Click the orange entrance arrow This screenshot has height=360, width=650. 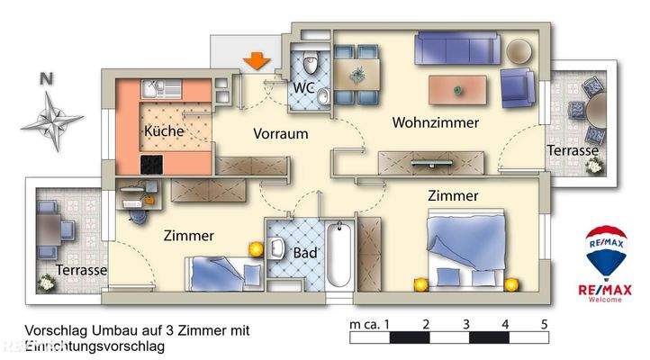(x=257, y=61)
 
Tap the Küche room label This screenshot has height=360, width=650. (x=164, y=131)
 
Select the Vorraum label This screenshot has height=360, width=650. (x=280, y=134)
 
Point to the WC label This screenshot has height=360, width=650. (x=304, y=88)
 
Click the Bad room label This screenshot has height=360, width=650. (x=305, y=254)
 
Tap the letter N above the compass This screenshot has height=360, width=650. (x=45, y=78)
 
